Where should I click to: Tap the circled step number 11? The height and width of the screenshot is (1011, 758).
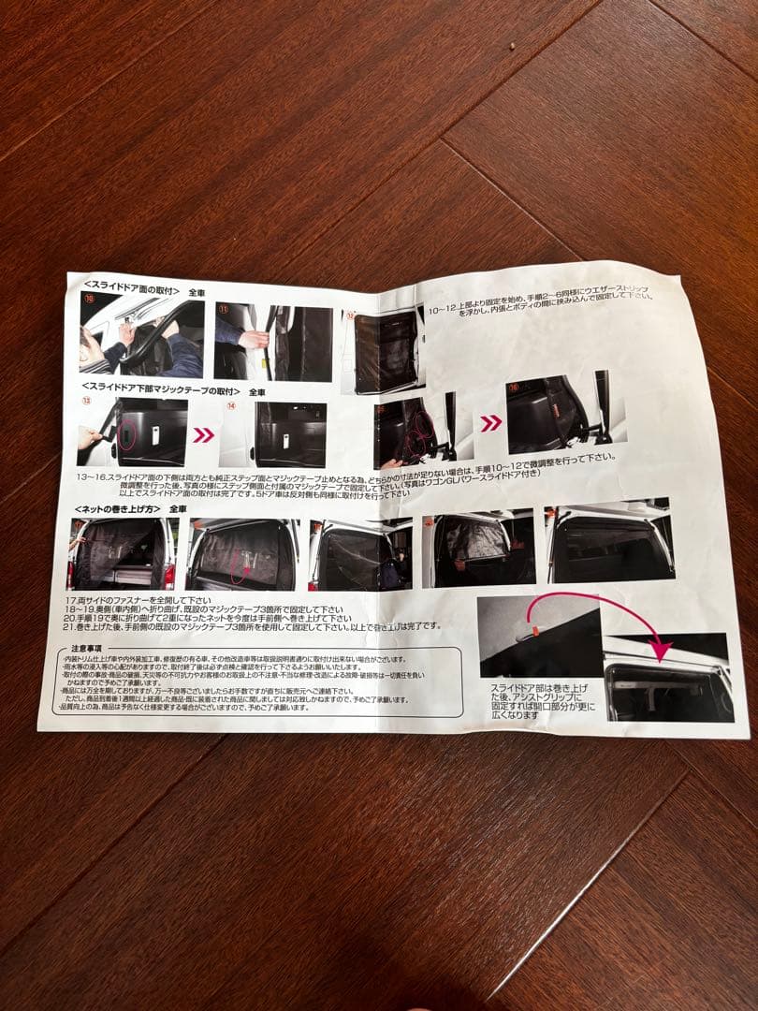pyautogui.click(x=224, y=308)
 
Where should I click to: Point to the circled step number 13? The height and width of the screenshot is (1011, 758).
pyautogui.click(x=86, y=403)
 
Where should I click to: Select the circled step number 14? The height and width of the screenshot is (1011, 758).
pyautogui.click(x=231, y=407)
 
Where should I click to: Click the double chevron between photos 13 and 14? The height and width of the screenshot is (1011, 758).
pyautogui.click(x=203, y=435)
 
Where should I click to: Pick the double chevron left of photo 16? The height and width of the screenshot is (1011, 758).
pyautogui.click(x=490, y=423)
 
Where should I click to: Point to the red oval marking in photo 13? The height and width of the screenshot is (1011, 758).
pyautogui.click(x=128, y=435)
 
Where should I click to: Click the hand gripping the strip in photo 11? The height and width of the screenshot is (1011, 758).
pyautogui.click(x=252, y=339)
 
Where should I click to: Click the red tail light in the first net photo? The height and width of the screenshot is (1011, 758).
pyautogui.click(x=169, y=574)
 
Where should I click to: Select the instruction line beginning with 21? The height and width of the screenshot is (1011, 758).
pyautogui.click(x=253, y=627)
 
